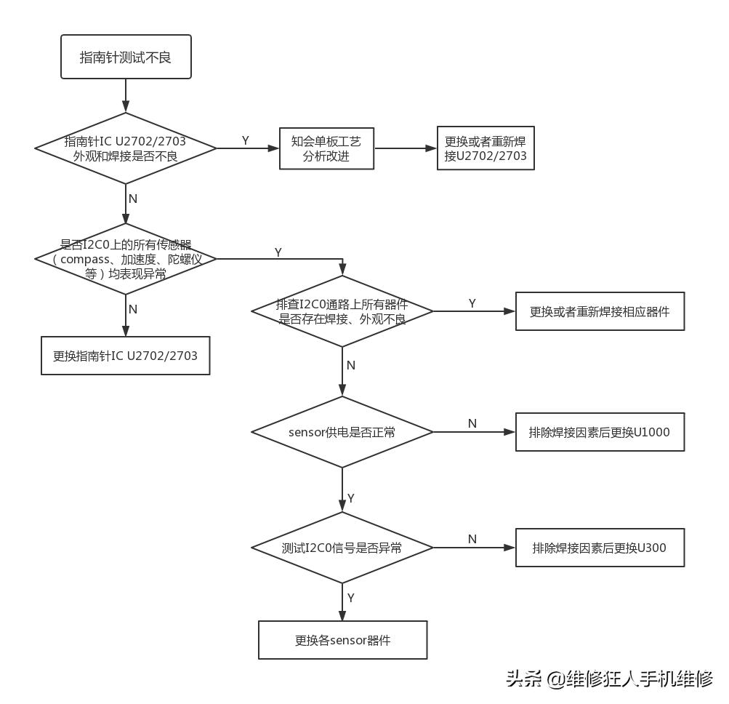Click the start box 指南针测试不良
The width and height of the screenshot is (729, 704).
click(126, 57)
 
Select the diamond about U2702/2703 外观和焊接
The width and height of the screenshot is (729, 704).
click(126, 148)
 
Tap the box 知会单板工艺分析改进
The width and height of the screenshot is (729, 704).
click(326, 148)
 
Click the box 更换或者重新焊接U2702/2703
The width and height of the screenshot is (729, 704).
click(486, 148)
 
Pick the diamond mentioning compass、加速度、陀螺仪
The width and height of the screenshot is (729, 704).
click(126, 259)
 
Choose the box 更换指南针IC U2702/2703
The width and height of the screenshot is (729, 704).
click(125, 356)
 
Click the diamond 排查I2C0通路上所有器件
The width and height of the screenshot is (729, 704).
click(342, 311)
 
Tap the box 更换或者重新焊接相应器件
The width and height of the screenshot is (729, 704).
click(600, 311)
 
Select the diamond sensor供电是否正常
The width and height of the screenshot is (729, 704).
click(342, 432)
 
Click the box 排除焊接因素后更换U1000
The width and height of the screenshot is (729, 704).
click(600, 432)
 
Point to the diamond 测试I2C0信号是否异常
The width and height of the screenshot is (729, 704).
click(342, 548)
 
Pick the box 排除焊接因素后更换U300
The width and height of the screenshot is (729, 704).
click(600, 548)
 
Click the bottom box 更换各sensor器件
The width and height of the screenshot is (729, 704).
click(342, 640)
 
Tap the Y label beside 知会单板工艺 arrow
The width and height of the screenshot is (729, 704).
click(246, 140)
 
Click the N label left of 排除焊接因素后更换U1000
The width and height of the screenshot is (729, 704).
click(472, 423)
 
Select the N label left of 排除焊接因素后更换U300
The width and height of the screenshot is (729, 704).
click(472, 539)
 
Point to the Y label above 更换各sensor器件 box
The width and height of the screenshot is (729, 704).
click(351, 598)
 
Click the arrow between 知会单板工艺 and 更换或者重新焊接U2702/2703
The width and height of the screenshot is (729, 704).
click(405, 148)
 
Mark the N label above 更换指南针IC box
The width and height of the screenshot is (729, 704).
click(133, 309)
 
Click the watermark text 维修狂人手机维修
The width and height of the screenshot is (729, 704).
click(640, 679)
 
